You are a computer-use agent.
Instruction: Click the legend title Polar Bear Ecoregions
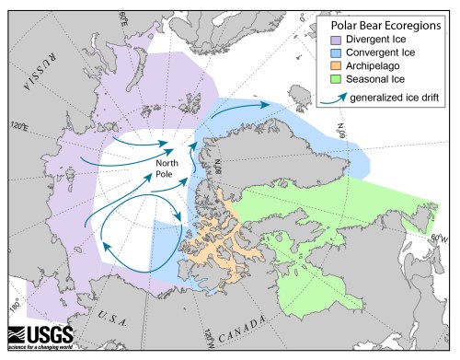tap(385, 21)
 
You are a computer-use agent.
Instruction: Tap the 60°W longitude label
tap(441, 237)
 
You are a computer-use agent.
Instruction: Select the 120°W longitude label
tap(211, 338)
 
